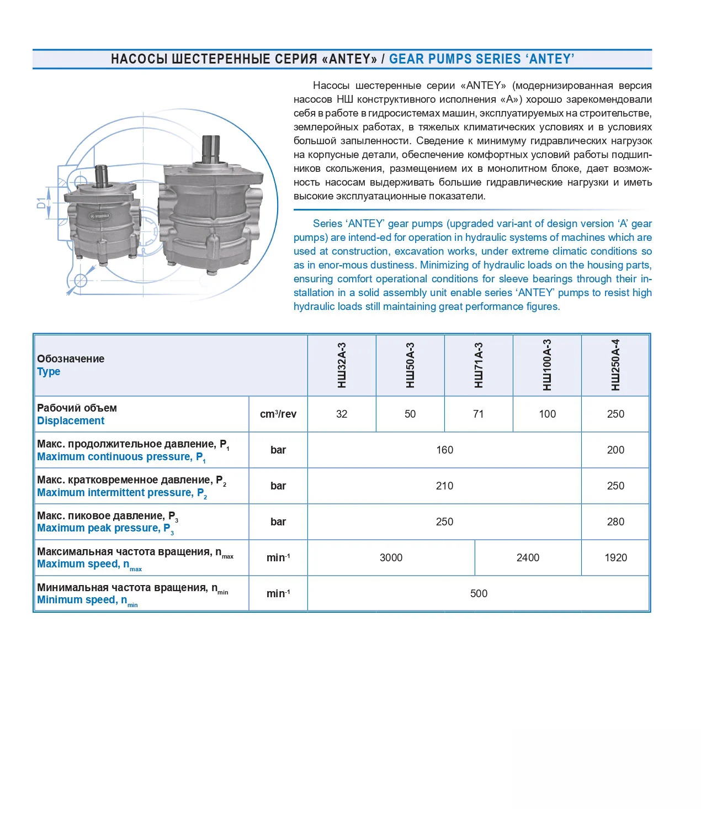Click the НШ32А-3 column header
(x=342, y=365)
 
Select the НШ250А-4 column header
(x=615, y=365)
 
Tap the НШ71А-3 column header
(x=479, y=365)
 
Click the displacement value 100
(x=547, y=414)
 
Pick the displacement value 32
(x=342, y=414)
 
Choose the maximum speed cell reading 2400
(x=528, y=558)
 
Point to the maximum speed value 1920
(x=615, y=558)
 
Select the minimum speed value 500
(x=479, y=594)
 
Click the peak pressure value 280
(x=615, y=522)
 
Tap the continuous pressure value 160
(x=444, y=450)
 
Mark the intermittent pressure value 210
(x=444, y=486)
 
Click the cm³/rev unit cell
(x=278, y=414)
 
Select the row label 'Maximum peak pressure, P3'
(x=105, y=529)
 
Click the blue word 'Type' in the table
(x=49, y=372)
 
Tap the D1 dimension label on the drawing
(x=41, y=203)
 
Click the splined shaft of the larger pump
(x=211, y=148)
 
